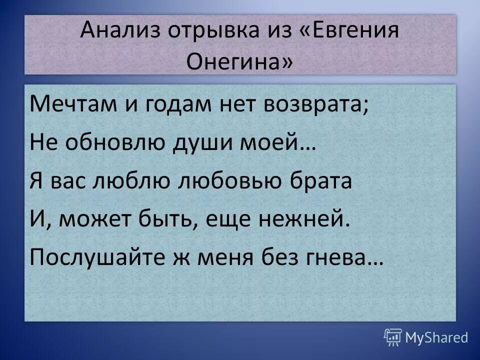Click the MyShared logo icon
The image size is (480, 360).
(x=392, y=337)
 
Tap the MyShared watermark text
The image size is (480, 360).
(x=436, y=338)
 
